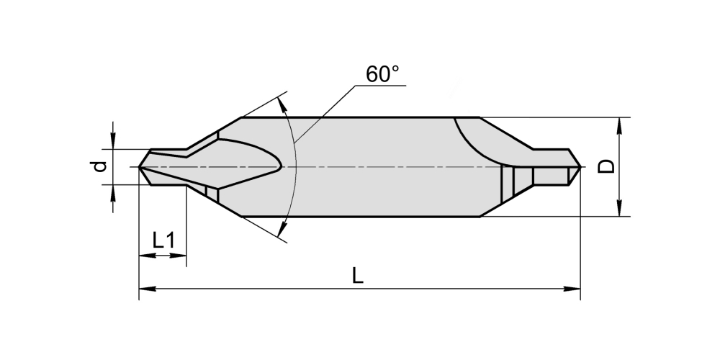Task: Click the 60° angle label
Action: [382, 74]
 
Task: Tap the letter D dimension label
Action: [606, 166]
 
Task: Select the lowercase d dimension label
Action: [99, 166]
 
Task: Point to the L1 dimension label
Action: [163, 240]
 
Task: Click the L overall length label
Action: [358, 276]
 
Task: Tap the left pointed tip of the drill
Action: [139, 167]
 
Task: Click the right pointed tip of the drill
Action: [581, 167]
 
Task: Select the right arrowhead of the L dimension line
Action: [572, 289]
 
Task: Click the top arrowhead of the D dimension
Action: [619, 126]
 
